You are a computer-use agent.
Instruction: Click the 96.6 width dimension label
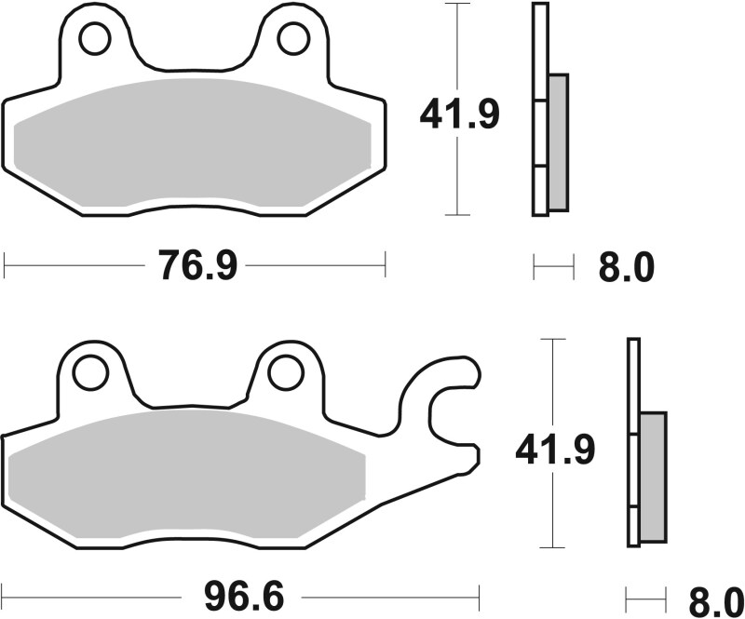pyautogui.click(x=237, y=593)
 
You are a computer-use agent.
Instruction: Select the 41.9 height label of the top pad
pyautogui.click(x=459, y=115)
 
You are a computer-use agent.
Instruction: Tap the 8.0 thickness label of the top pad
pyautogui.click(x=626, y=268)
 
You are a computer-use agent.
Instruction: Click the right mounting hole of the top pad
pyautogui.click(x=292, y=38)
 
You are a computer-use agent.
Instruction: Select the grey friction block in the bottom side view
pyautogui.click(x=654, y=476)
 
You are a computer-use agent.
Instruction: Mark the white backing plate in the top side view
pyautogui.click(x=538, y=112)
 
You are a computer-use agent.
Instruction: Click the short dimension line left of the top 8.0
pyautogui.click(x=553, y=268)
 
